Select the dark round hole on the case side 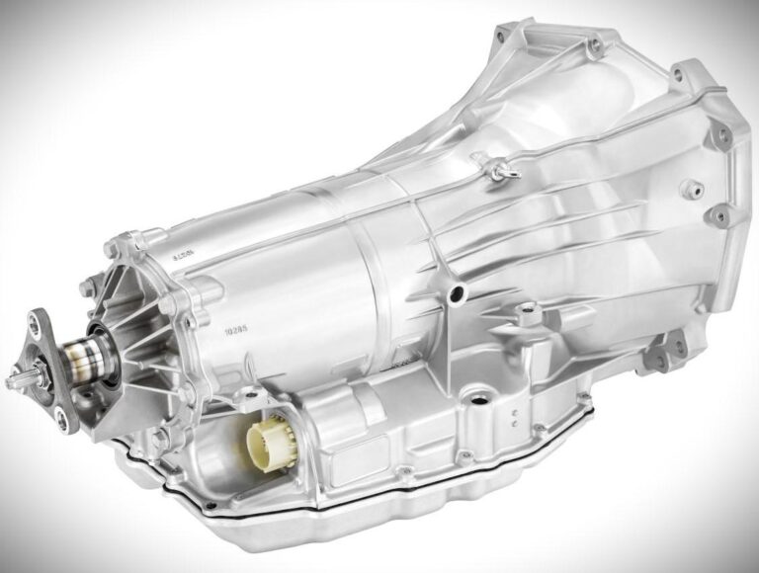click(x=457, y=293)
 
